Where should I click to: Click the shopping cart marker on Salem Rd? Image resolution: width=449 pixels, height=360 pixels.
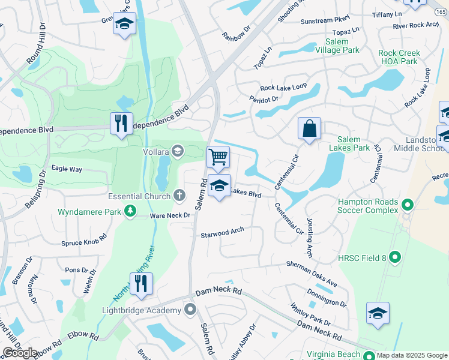pos(218,157)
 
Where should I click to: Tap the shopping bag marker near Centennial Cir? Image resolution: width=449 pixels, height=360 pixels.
pos(309,128)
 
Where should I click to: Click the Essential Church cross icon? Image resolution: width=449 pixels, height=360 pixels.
pos(179,195)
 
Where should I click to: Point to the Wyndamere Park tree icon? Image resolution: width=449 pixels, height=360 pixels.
pos(130,211)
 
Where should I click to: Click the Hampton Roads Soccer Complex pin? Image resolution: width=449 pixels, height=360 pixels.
pos(408,206)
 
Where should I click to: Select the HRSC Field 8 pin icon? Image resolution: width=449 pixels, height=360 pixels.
pos(394,257)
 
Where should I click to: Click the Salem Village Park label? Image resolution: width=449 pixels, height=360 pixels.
pos(342,46)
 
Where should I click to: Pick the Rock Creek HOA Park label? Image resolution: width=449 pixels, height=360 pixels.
pos(399,57)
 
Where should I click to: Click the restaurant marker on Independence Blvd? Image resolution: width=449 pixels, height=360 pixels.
pos(121,123)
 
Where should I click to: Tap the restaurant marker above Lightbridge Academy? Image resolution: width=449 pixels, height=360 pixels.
pos(141,283)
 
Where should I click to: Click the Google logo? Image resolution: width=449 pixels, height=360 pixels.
pos(20,353)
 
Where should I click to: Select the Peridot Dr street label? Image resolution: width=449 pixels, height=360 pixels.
pos(265,98)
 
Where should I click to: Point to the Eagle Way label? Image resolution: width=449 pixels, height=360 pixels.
pos(67,169)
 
